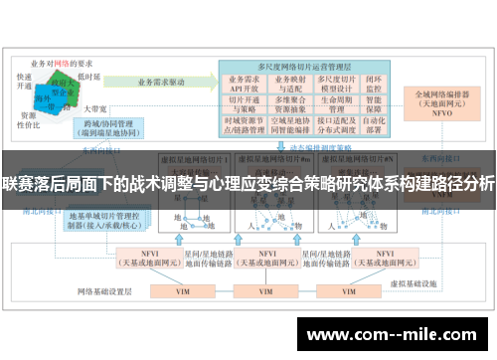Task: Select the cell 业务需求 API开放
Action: pos(243,83)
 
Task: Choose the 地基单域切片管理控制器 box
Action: pos(104,220)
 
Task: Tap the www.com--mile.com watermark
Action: pos(394,330)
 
